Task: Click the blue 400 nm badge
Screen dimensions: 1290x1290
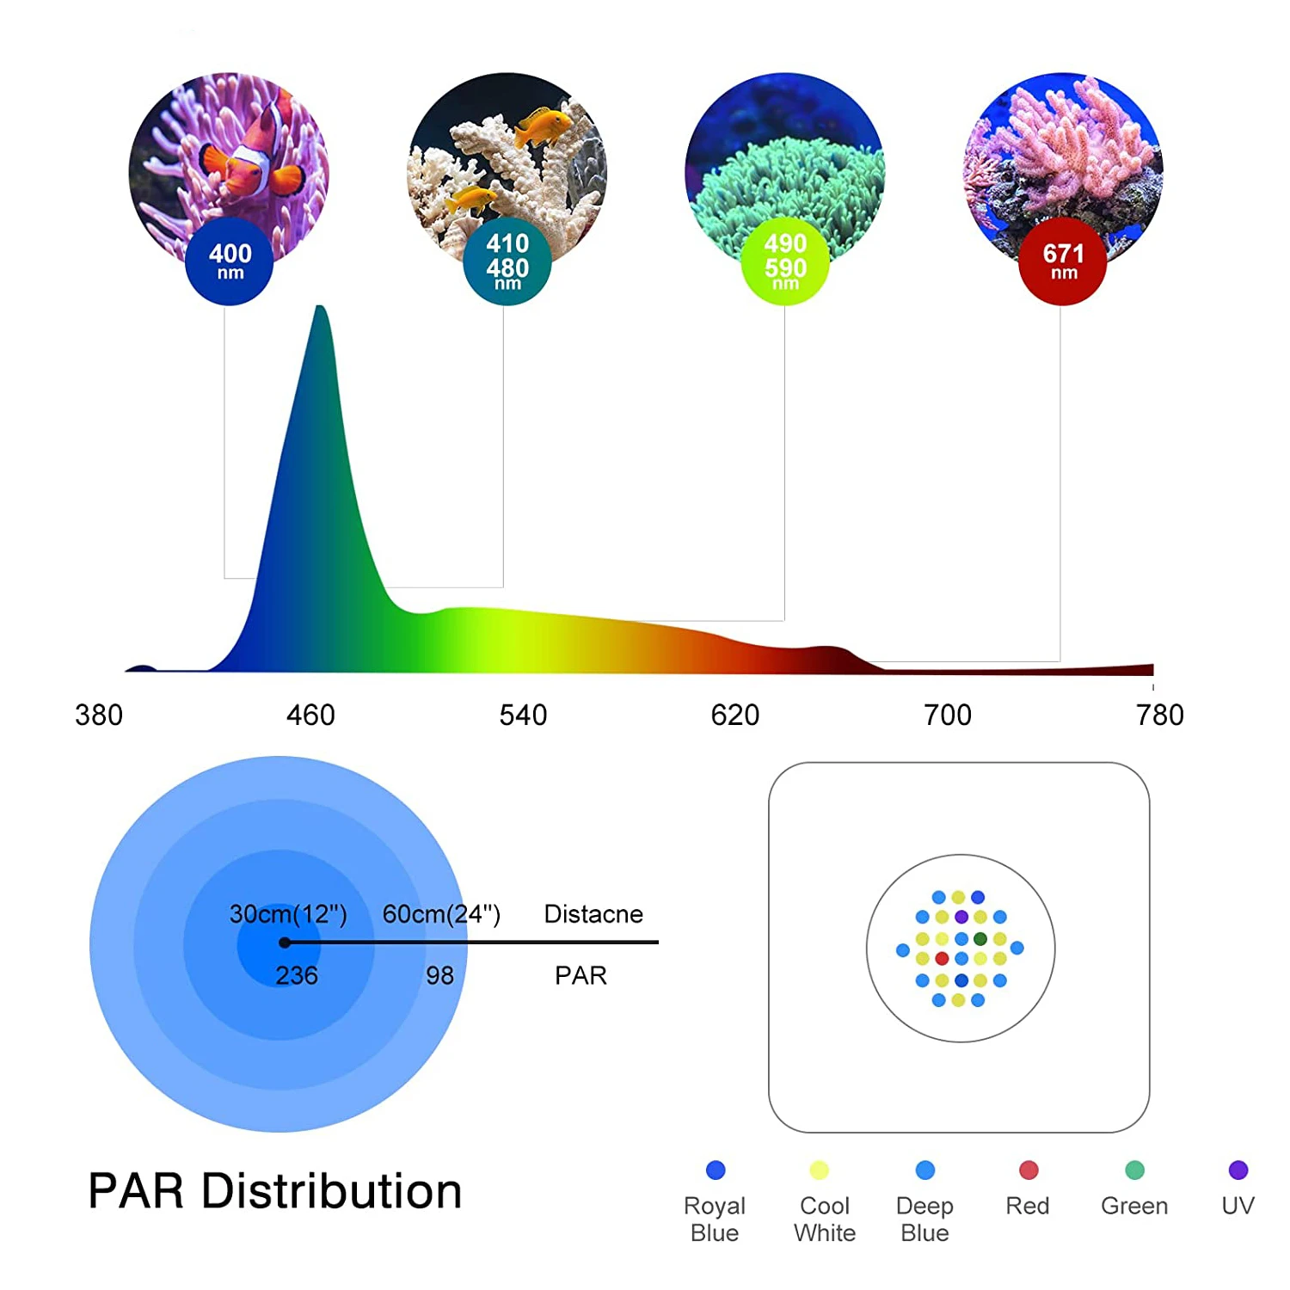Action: coord(230,261)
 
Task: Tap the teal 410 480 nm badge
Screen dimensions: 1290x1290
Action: coord(507,261)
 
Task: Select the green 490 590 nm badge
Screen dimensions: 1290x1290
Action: coord(785,261)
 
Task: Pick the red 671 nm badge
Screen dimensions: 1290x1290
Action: coord(1063,261)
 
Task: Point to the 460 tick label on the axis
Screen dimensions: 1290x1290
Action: coord(310,715)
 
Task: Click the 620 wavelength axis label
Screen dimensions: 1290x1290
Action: coord(735,715)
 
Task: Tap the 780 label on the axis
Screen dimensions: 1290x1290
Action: coord(1160,715)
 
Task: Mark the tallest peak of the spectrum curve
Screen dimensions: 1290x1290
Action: coord(320,308)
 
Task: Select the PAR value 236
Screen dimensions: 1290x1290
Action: coord(297,975)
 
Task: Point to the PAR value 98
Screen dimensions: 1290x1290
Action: coord(439,975)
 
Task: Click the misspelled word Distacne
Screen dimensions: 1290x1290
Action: coord(593,913)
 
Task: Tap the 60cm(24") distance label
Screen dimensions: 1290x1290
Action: coord(441,913)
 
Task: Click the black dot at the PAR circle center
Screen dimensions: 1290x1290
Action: coord(285,943)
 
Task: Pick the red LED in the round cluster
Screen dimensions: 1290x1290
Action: coord(942,958)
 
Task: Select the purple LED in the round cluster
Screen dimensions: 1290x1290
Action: coord(961,917)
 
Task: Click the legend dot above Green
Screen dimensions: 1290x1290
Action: coord(1134,1170)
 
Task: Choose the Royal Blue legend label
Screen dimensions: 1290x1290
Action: coord(715,1219)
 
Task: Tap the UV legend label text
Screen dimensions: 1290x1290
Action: coord(1238,1206)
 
